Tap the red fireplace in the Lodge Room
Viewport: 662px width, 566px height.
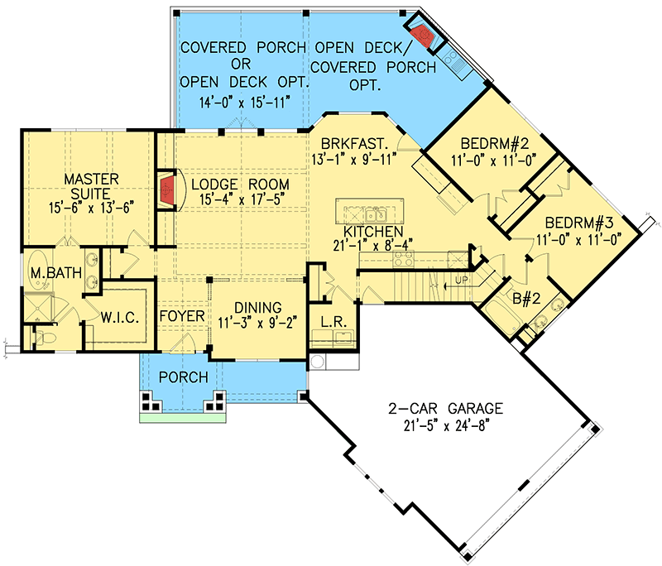(x=168, y=188)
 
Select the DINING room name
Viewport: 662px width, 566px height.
(x=257, y=307)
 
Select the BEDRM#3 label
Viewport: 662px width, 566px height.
(x=576, y=223)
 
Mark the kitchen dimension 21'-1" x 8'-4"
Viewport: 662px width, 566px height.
(x=373, y=246)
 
